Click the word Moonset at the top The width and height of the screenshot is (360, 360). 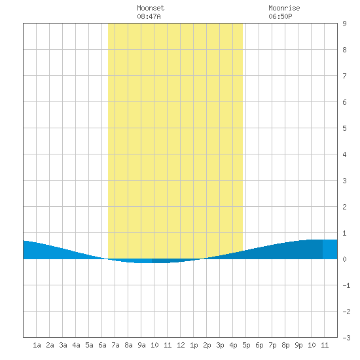(x=151, y=8)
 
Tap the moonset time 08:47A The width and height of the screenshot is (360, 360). (x=149, y=16)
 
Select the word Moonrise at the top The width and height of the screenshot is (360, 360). (x=284, y=8)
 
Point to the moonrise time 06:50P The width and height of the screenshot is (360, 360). (x=280, y=16)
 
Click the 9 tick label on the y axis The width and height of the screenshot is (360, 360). (x=344, y=24)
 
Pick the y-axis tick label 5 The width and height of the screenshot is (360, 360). (x=344, y=128)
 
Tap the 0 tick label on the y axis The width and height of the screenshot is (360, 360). (x=344, y=259)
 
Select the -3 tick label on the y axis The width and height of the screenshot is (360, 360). (x=346, y=338)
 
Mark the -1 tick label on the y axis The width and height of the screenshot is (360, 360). (x=346, y=285)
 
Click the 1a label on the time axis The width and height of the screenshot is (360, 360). (x=37, y=345)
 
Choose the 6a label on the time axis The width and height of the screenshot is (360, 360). (x=102, y=345)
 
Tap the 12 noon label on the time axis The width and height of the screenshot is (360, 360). (x=181, y=345)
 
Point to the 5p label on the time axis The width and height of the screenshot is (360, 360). (x=246, y=345)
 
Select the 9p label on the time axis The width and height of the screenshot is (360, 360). (x=298, y=345)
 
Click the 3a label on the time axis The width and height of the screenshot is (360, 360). (x=63, y=345)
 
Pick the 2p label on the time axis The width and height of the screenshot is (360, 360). (x=207, y=345)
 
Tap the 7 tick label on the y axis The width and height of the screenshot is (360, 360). (x=344, y=76)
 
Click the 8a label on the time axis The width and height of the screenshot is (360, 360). (x=128, y=345)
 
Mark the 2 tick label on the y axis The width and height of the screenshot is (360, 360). (x=344, y=207)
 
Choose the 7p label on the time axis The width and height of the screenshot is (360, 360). (x=272, y=345)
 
